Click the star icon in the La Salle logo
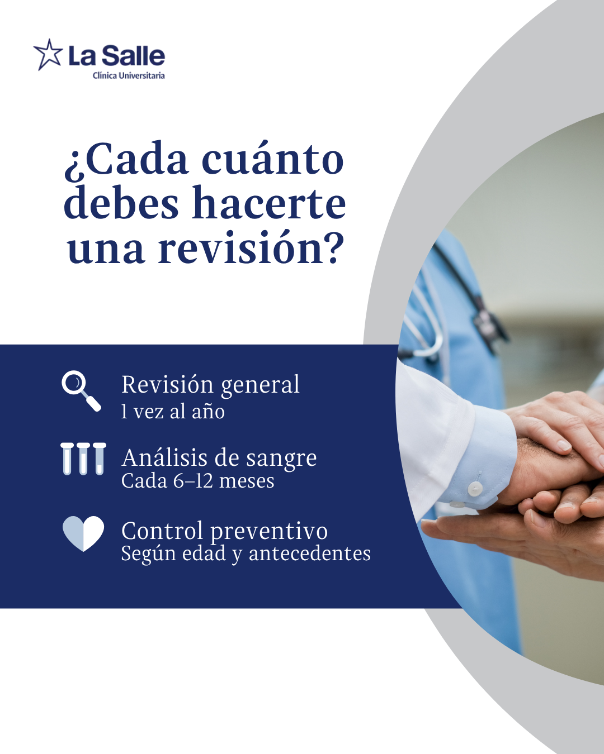coord(48,55)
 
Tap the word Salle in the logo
coord(135,56)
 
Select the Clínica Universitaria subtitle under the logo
coord(129,75)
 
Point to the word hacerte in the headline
coord(268,203)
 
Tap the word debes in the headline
coord(121,203)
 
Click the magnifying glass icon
coord(82,391)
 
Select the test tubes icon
coord(83,459)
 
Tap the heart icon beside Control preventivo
coord(83,533)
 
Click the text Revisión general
coord(211,385)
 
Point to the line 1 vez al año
coord(173,411)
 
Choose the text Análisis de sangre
coord(219,459)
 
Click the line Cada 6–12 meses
coord(197,481)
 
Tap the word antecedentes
coord(309,554)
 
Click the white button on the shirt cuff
coord(474,488)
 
